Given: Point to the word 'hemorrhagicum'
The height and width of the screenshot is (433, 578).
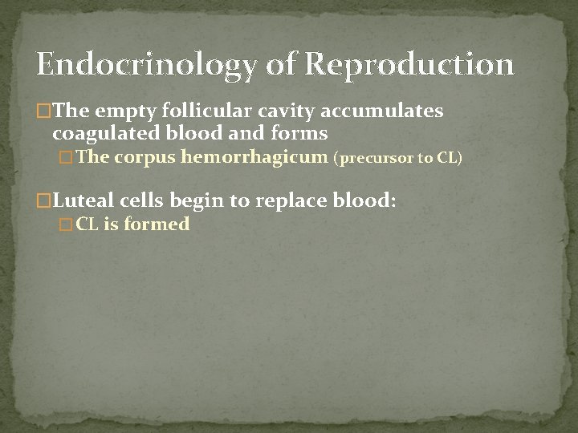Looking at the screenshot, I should click(x=254, y=157).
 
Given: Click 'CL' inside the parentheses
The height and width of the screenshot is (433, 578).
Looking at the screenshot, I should click(x=447, y=158).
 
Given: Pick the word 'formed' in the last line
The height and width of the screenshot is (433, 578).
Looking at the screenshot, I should click(x=157, y=225).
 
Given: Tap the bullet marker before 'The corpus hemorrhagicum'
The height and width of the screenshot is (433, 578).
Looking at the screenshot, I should click(x=67, y=158).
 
